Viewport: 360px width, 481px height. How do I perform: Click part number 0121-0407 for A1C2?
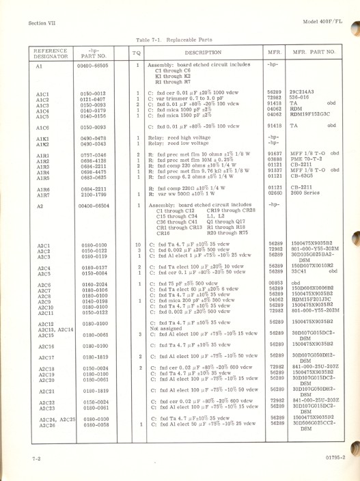[90, 98]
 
